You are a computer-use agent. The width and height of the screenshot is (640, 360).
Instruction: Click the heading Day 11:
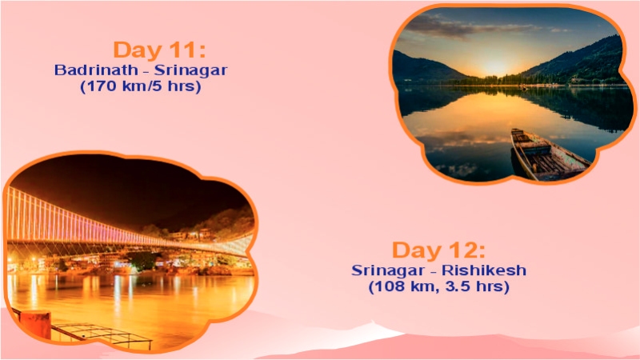tap(159, 50)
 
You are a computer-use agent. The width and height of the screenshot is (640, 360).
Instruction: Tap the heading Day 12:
tap(438, 250)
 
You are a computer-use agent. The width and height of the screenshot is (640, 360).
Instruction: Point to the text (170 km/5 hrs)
tap(140, 86)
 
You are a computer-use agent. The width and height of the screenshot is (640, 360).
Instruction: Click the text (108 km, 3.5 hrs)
tap(438, 286)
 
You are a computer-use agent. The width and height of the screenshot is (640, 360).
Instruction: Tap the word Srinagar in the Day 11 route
tap(191, 70)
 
